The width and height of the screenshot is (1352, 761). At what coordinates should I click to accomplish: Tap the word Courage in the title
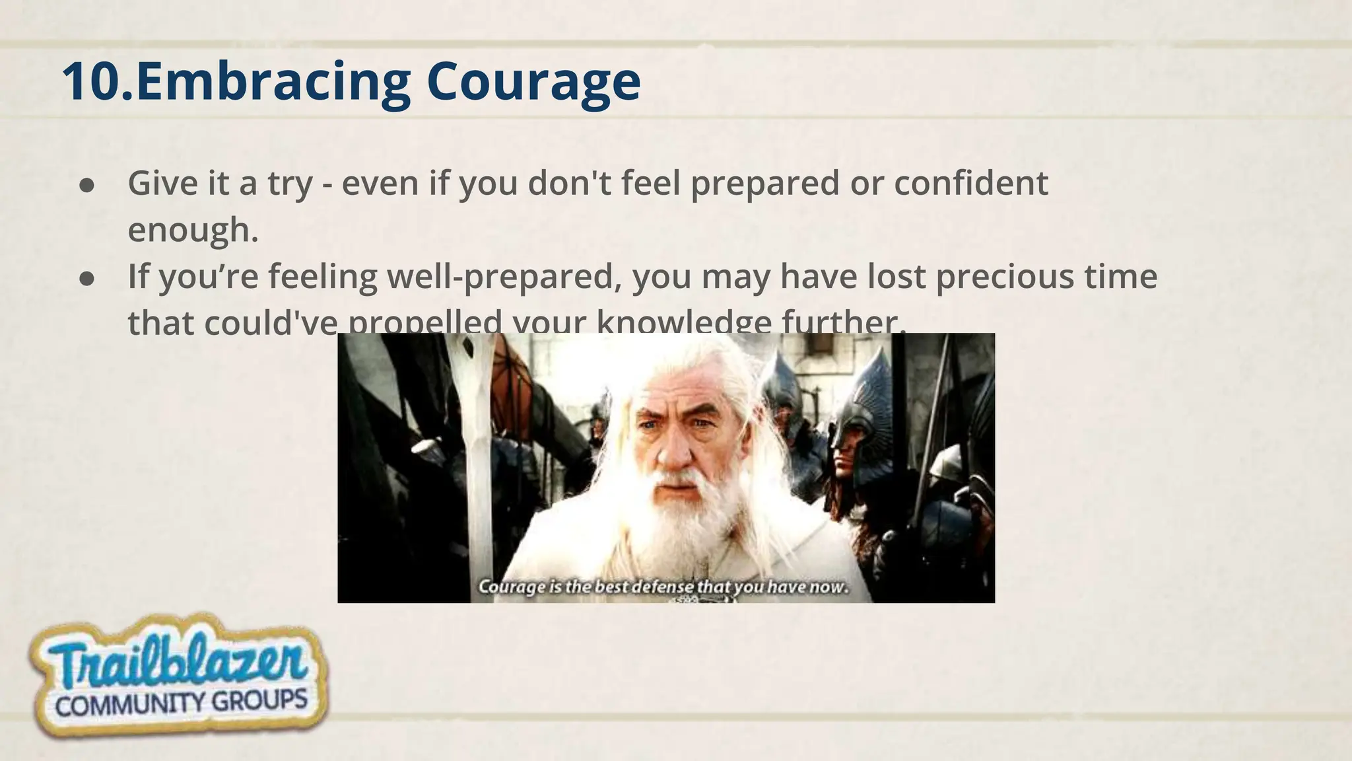pos(533,81)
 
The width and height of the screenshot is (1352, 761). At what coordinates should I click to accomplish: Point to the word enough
pos(192,230)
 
